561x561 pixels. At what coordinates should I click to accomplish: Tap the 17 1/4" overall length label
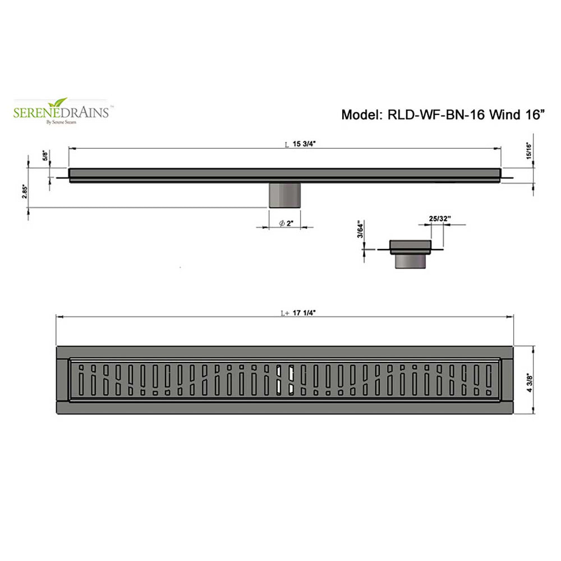[304, 314]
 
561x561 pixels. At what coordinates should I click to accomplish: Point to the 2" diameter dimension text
[288, 224]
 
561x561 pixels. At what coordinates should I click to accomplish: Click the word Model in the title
[360, 116]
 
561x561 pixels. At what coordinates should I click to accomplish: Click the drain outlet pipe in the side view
[285, 195]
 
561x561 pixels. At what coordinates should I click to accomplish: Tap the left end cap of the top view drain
[63, 380]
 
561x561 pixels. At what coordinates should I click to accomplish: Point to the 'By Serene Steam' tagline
[61, 121]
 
